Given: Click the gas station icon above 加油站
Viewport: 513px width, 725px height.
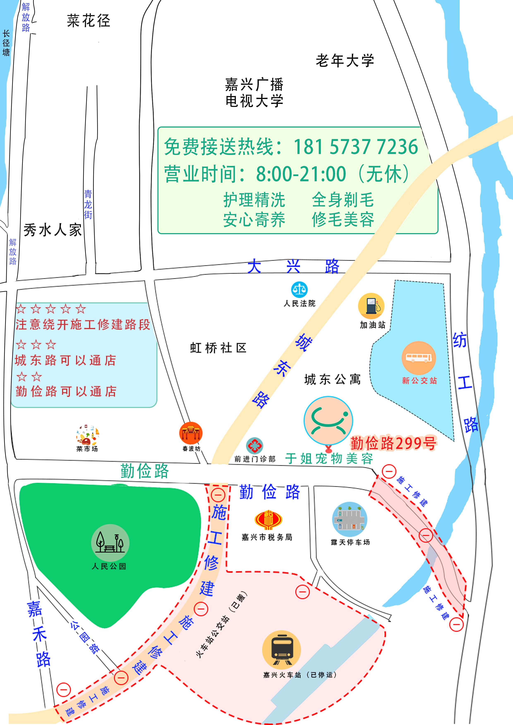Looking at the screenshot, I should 371,306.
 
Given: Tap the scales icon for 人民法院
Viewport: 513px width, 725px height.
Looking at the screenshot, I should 299,289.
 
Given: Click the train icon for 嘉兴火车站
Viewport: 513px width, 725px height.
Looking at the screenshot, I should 282,649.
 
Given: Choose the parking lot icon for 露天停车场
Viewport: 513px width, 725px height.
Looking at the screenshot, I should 350,519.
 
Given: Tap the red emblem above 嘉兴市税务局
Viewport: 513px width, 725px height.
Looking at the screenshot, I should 268,519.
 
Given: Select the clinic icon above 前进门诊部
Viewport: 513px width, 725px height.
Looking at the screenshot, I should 254,446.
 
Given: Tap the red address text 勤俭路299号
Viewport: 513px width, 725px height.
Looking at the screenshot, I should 393,443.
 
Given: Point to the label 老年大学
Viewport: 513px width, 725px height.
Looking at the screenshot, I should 345,61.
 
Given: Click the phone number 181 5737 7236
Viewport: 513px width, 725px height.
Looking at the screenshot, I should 356,147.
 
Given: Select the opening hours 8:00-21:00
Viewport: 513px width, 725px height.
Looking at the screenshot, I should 301,174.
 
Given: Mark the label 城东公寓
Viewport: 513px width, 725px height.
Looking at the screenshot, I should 332,379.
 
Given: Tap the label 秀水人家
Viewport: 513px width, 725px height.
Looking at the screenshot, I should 53,230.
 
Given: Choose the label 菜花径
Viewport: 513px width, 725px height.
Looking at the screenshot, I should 89,21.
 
